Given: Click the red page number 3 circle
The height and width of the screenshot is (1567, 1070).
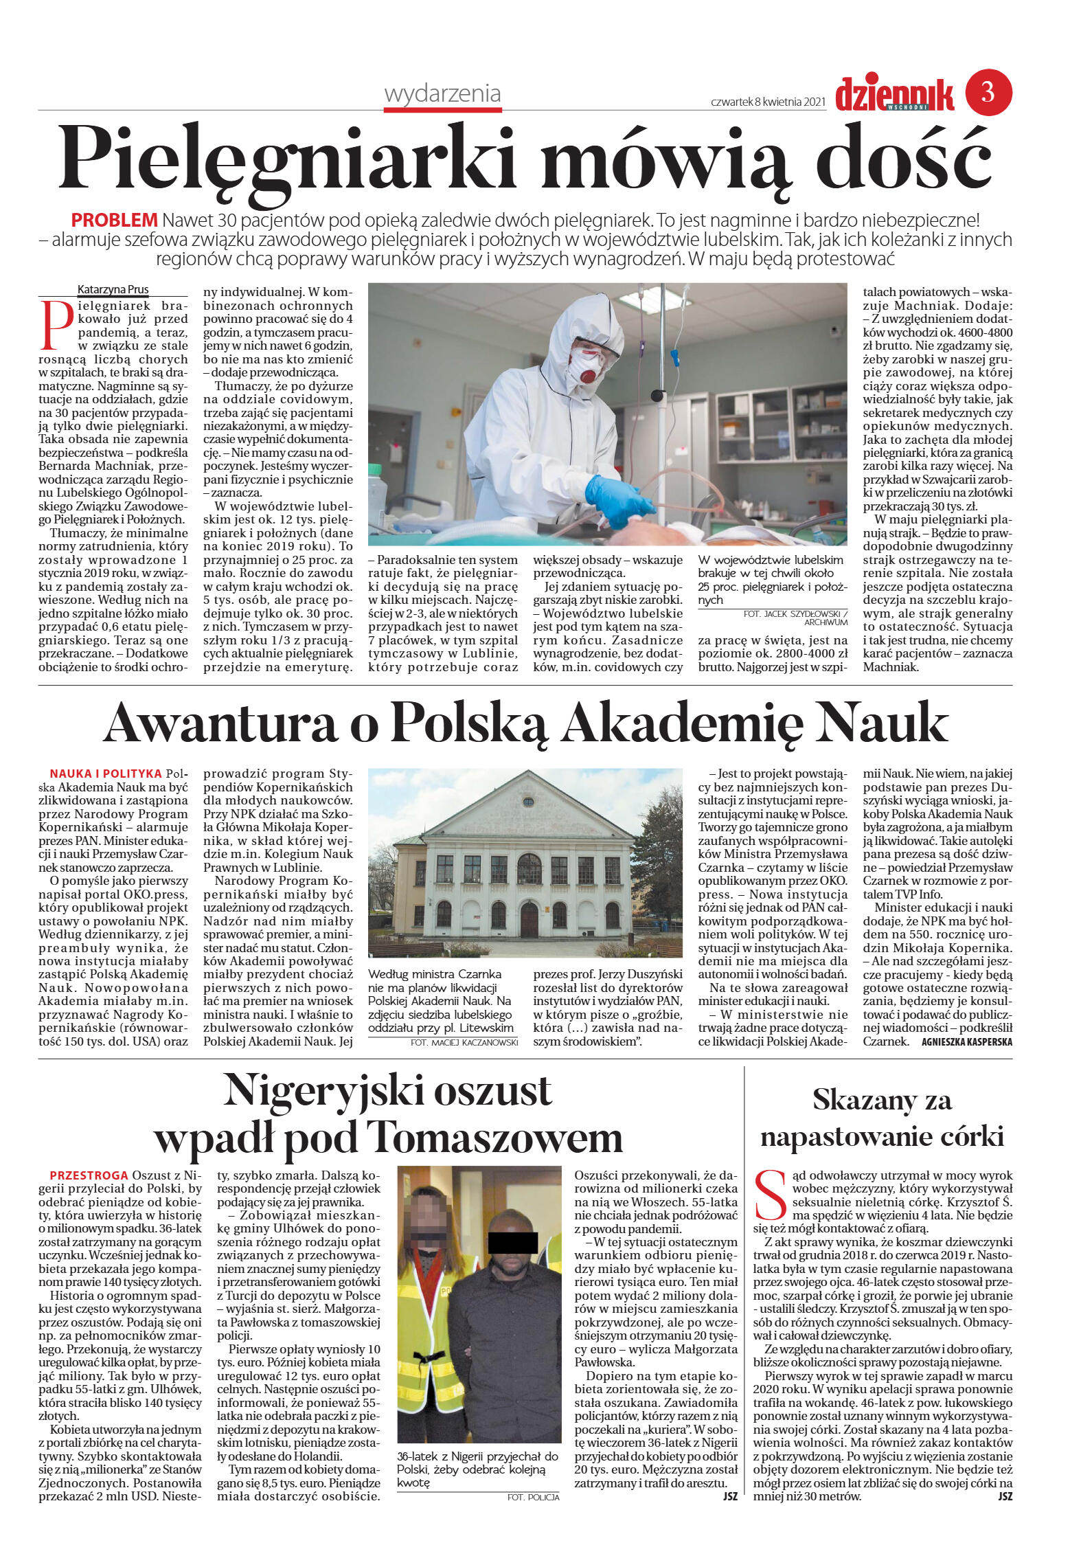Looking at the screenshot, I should [988, 92].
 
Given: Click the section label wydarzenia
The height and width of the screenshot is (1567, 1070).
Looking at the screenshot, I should [442, 93].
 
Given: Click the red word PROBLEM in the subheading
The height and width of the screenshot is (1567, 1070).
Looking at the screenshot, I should [114, 221].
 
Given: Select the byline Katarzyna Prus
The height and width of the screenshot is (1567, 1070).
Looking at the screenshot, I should [113, 289].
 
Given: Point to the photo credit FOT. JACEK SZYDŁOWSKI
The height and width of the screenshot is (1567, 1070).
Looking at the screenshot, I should [795, 613].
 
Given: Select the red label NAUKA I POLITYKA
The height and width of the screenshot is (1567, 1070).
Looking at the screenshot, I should [106, 774].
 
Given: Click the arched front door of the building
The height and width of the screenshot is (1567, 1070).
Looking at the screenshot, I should [529, 920].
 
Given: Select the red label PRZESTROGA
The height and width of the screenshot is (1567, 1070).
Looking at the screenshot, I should [89, 1175].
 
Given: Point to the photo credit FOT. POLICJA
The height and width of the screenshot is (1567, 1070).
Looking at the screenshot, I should [533, 1497].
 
